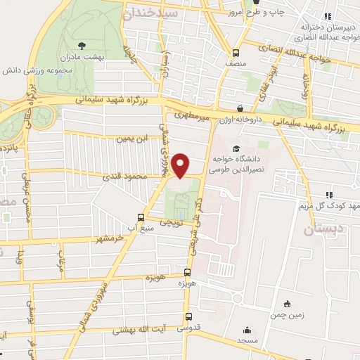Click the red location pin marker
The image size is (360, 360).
coord(181,165)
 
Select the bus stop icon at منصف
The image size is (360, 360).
coord(237,53)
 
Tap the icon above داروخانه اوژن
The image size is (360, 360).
coord(241,109)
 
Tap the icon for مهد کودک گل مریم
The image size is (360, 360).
coord(328,195)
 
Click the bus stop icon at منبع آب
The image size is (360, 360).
coord(141,217)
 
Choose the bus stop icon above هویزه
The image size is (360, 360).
coord(186,271)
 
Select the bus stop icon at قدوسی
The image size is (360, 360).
coord(186,316)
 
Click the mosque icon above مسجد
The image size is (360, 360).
coord(246,330)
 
